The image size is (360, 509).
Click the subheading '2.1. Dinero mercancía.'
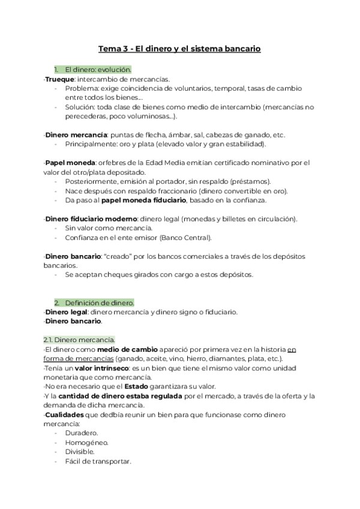80,340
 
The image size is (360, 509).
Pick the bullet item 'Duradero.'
82,433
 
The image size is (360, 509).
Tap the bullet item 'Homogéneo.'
86,442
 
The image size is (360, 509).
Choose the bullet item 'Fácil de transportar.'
98,461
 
